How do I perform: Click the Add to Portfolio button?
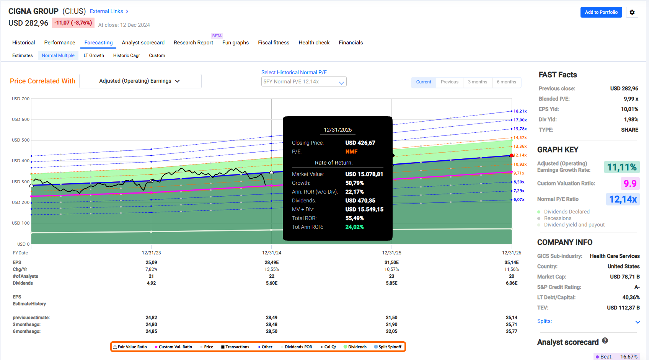tap(601, 12)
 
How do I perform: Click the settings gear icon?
tap(632, 12)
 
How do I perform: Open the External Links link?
tap(109, 11)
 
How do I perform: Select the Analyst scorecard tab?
tap(143, 42)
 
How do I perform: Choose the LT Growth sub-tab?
tap(94, 55)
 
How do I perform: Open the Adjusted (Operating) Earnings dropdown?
tap(140, 81)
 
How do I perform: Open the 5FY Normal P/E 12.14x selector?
tap(303, 81)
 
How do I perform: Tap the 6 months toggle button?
tap(506, 82)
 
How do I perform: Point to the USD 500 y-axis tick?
tap(21, 140)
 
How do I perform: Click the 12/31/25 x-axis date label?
tap(391, 253)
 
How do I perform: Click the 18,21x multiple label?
tap(520, 111)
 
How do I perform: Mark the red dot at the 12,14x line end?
tap(512, 156)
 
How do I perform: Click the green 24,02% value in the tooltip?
tap(354, 227)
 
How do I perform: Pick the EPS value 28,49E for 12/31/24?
tap(271, 262)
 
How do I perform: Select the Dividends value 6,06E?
tap(511, 283)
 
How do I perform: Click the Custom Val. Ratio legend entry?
tap(174, 347)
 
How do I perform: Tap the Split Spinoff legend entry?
tap(388, 347)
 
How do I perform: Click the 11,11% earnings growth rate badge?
tap(622, 167)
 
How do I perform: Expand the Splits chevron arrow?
tap(638, 322)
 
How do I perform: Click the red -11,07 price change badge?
tap(73, 23)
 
